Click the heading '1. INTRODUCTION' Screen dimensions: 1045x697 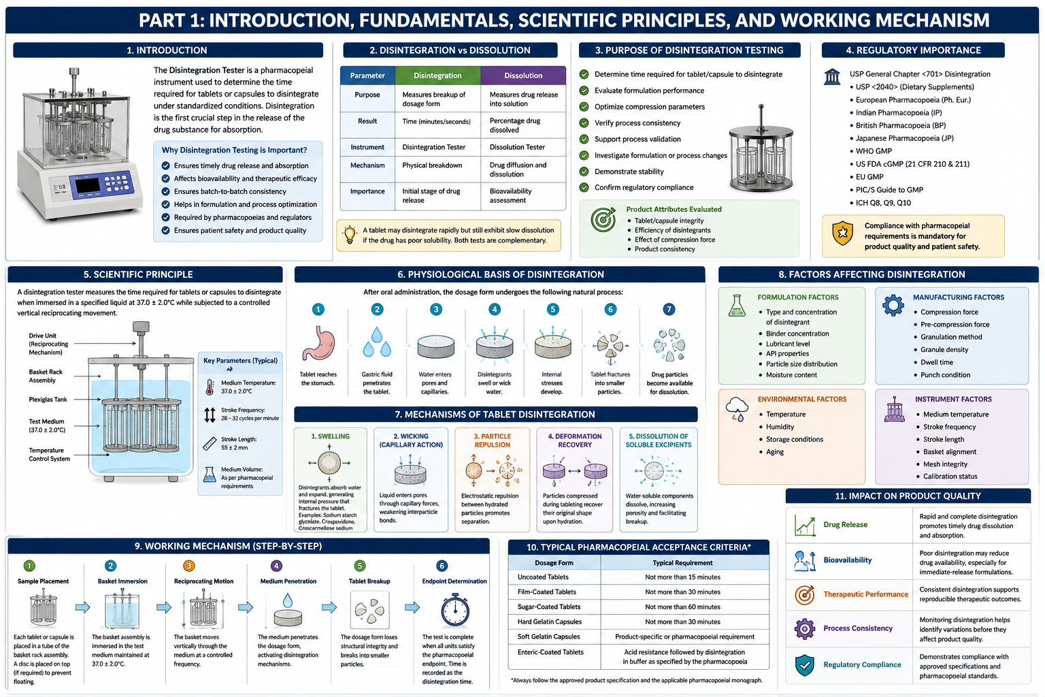pos(167,50)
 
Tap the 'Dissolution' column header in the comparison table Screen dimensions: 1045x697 pos(523,76)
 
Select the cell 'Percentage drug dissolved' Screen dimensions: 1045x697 pos(514,125)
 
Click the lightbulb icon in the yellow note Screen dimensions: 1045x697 pos(350,234)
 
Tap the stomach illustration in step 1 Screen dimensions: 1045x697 pos(318,344)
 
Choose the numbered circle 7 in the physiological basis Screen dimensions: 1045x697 pos(669,309)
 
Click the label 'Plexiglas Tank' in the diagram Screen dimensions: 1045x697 pos(48,400)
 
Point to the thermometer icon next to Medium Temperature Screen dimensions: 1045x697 pos(210,387)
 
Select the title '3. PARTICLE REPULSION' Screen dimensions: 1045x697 pos(492,440)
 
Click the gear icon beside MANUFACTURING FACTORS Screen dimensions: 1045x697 pos(893,306)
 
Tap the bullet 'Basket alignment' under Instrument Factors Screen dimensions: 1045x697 pos(949,451)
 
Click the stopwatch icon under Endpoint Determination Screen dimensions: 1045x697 pos(455,610)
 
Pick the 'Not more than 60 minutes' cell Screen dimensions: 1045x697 pos(682,607)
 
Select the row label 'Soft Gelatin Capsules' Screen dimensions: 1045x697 pos(548,637)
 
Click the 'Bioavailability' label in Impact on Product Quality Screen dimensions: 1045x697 pos(847,560)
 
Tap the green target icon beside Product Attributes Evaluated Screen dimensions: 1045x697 pos(603,219)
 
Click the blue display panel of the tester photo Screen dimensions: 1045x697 pos(101,184)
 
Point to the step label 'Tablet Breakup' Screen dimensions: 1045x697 pos(369,581)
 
